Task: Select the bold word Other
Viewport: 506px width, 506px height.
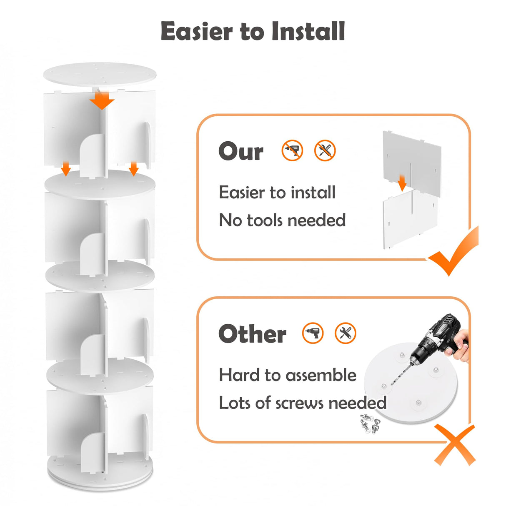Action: (252, 333)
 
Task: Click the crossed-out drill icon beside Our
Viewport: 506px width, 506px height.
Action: (292, 150)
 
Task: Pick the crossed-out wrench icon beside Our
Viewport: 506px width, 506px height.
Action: (325, 150)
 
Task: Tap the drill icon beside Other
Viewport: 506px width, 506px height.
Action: (313, 333)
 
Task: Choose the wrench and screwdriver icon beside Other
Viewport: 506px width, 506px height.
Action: (345, 333)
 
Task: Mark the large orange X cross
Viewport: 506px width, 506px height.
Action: (455, 445)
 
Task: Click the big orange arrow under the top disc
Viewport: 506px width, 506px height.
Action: (102, 100)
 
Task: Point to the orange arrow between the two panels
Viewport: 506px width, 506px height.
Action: (402, 183)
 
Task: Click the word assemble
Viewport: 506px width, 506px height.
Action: (321, 375)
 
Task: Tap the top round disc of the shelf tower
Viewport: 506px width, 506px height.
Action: (100, 74)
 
